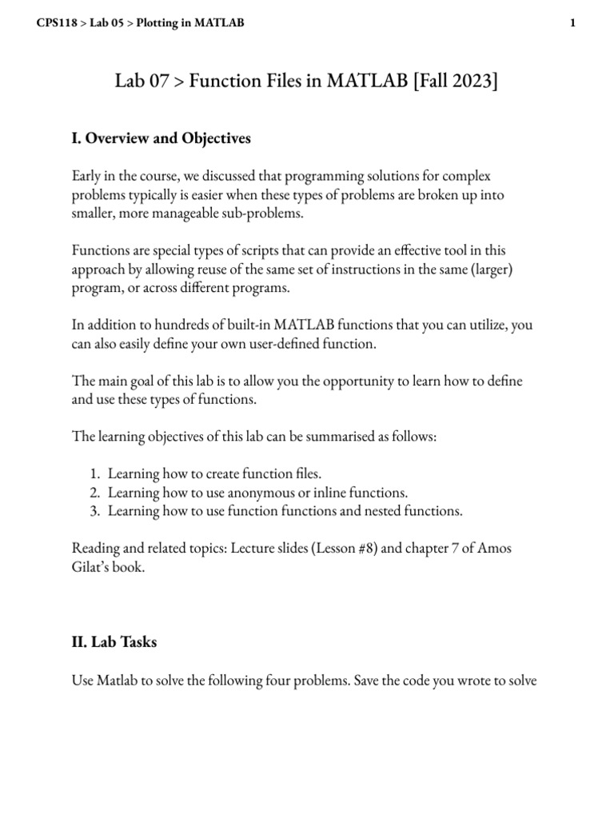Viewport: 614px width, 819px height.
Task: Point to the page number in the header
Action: point(572,23)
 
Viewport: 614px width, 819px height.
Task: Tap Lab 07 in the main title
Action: point(142,81)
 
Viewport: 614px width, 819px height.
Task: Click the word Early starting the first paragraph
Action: point(89,175)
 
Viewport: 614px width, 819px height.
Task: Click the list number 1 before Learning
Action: point(96,474)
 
